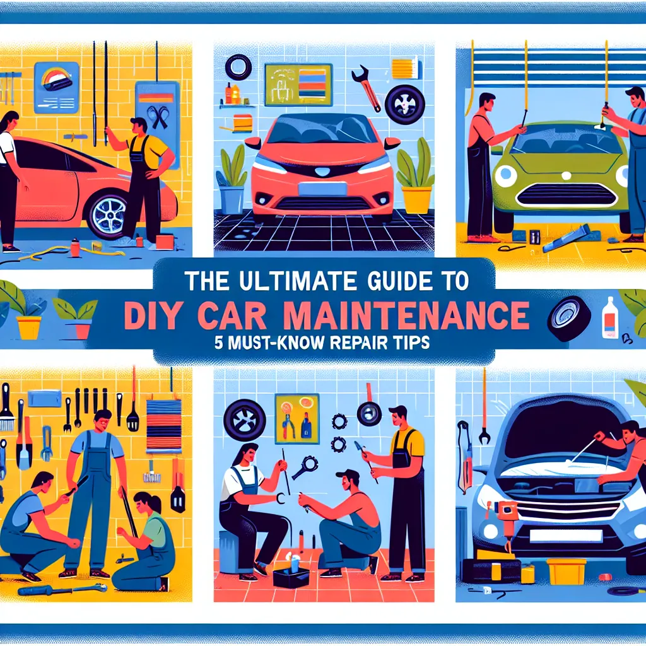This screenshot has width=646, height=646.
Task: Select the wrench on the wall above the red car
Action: (x=365, y=86)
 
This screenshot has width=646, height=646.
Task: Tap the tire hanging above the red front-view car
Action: (x=238, y=66)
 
